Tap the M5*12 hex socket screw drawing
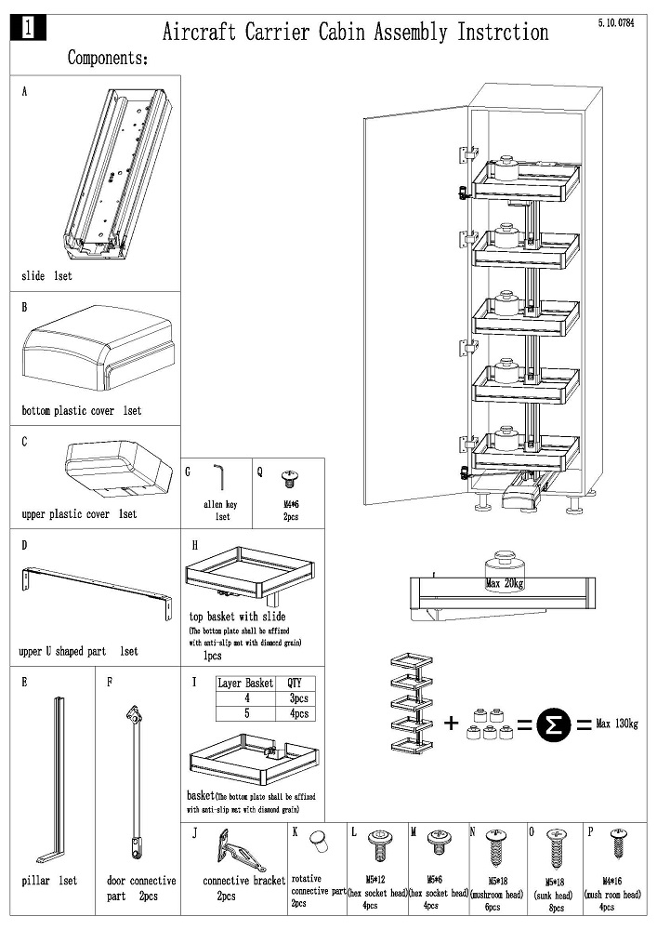point(377,844)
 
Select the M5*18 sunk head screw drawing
point(556,847)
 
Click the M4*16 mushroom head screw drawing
point(617,845)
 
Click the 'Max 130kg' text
point(617,723)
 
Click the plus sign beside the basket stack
point(452,722)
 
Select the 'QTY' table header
point(294,683)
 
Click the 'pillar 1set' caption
point(49,881)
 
